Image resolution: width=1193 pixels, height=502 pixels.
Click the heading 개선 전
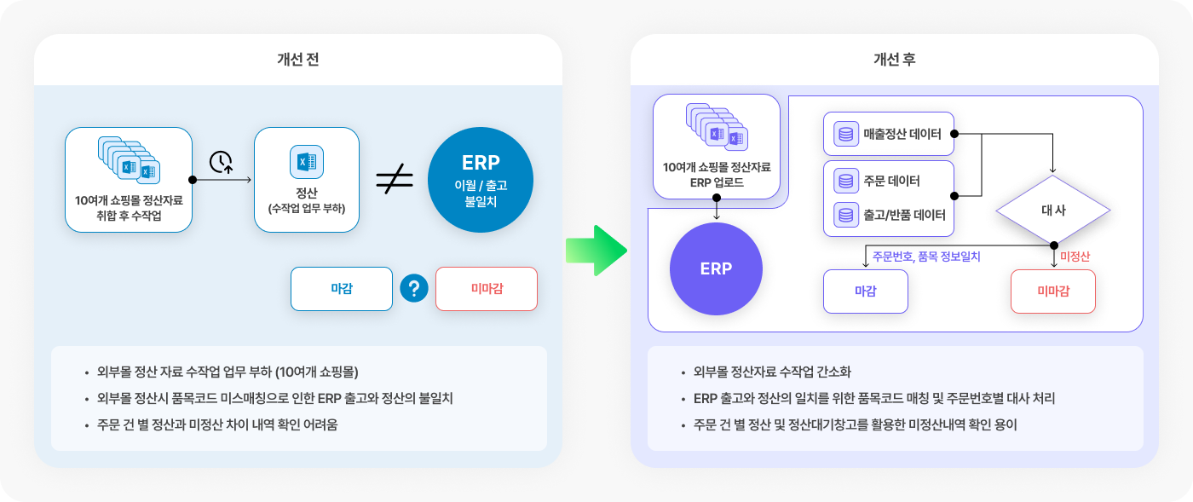[297, 59]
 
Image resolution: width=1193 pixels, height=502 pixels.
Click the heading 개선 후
[894, 59]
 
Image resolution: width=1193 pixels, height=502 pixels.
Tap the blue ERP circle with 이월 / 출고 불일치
[481, 180]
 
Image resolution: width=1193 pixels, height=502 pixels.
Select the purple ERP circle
[716, 268]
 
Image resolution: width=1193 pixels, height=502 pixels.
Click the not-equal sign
[395, 178]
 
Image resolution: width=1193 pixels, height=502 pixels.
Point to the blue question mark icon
[414, 288]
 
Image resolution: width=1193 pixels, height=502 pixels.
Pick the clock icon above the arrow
[221, 162]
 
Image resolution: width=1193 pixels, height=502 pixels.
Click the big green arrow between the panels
[596, 251]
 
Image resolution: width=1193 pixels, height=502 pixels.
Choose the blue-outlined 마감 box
[342, 289]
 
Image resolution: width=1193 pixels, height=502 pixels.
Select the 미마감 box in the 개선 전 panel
[487, 289]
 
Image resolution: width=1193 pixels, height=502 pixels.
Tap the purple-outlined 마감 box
[866, 291]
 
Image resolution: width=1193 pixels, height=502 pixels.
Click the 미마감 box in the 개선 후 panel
[1053, 291]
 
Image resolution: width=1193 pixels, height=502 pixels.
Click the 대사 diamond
[1053, 210]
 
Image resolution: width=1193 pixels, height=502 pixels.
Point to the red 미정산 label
[1075, 257]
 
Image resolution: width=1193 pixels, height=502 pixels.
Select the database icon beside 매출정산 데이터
[845, 134]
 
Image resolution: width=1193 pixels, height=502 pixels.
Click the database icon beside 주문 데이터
[845, 182]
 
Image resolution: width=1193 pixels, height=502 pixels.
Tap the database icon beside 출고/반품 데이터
[845, 215]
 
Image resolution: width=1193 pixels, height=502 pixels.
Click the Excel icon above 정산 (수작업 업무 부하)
[307, 161]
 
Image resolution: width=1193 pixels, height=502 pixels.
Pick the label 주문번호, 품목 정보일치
[926, 257]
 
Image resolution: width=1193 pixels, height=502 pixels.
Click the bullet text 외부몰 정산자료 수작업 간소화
[772, 372]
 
